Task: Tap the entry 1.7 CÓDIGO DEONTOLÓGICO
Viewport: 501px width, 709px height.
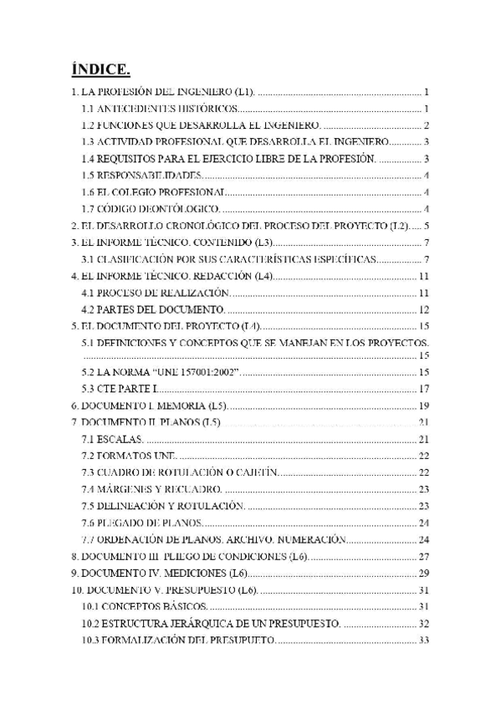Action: click(151, 209)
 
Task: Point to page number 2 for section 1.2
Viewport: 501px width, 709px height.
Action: click(426, 125)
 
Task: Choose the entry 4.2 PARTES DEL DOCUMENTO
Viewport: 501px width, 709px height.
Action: click(154, 309)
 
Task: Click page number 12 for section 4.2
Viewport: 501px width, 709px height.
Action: click(423, 309)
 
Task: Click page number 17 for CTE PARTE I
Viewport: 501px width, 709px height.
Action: click(423, 389)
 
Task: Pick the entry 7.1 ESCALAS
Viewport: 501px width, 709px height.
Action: click(113, 439)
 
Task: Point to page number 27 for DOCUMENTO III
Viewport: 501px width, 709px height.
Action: click(423, 556)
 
